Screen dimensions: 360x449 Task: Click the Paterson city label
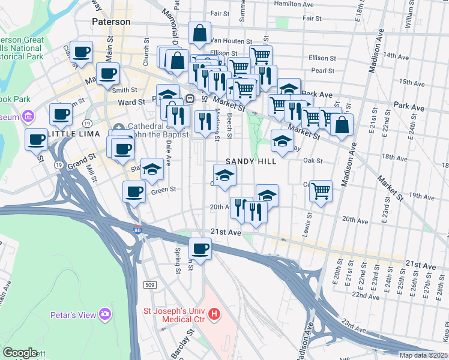111,22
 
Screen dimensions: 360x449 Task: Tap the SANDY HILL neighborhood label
251,161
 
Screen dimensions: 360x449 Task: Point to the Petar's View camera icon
106,313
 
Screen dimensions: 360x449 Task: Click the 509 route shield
150,284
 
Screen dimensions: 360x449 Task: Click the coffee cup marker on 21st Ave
200,247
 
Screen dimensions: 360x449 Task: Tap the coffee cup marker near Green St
134,192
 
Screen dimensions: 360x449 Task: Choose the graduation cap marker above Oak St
282,140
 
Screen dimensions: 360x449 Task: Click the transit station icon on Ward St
190,98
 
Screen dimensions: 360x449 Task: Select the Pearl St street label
322,71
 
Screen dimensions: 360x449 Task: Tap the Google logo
20,353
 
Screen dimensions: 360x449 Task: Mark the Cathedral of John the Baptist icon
118,127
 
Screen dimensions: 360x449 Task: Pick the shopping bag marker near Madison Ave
342,124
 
